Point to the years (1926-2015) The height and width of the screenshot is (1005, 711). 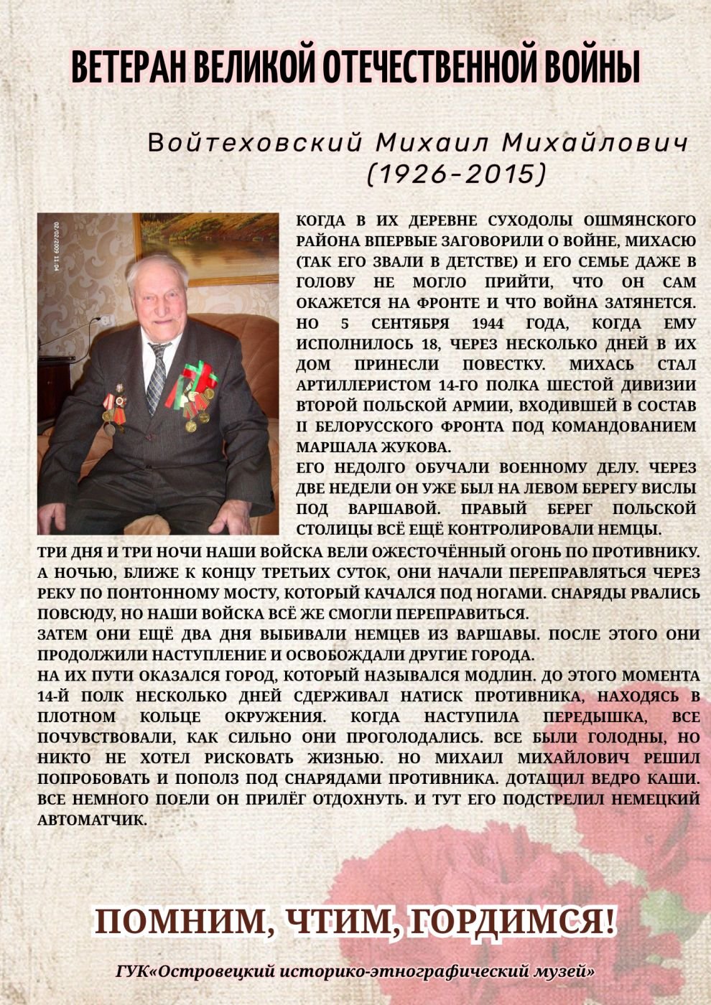[457, 174]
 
